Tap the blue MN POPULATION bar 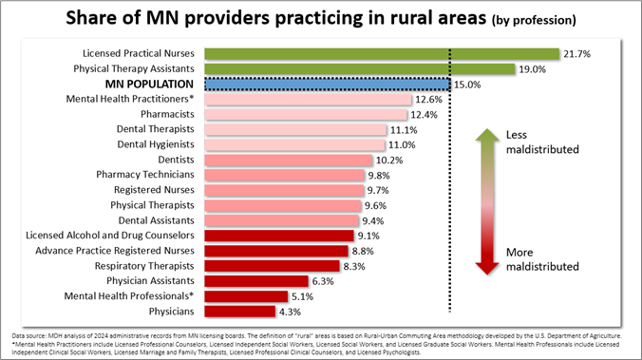click(x=323, y=85)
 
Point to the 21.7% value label click(x=577, y=54)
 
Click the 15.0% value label click(x=467, y=85)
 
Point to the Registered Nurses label click(x=154, y=190)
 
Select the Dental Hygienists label click(x=155, y=144)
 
